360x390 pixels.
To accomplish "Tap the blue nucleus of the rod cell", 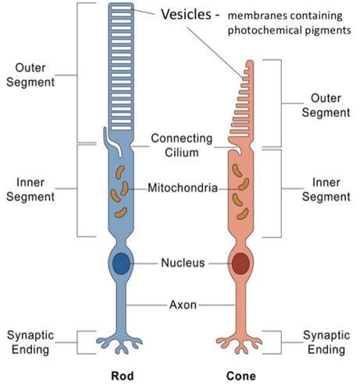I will point(121,263).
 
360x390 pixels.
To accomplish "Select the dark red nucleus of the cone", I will point(240,263).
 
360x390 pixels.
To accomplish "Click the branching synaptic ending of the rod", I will point(122,341).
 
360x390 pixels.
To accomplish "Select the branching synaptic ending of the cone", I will point(239,341).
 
